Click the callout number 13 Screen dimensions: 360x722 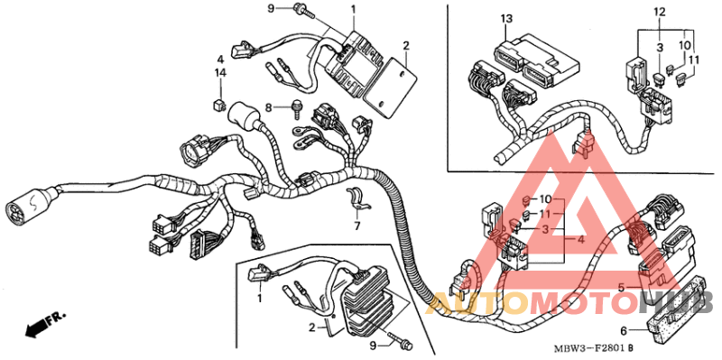(506, 19)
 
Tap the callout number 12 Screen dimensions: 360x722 (659, 12)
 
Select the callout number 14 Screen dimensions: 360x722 (220, 71)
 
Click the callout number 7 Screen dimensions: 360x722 (356, 226)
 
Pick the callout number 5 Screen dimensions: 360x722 (622, 288)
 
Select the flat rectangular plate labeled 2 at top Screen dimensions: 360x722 (396, 86)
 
